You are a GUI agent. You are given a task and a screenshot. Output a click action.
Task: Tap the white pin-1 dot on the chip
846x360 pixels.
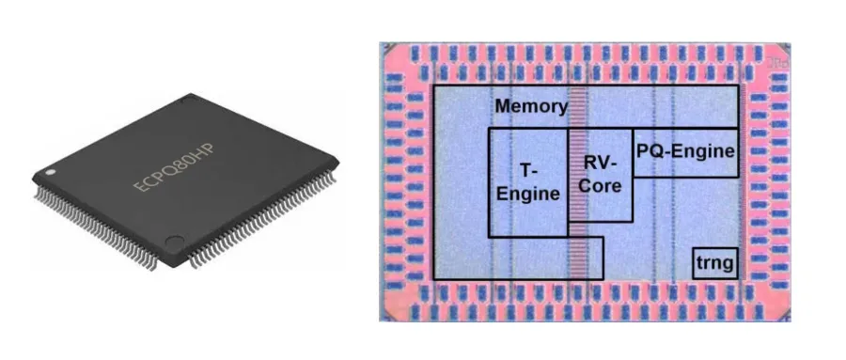point(50,172)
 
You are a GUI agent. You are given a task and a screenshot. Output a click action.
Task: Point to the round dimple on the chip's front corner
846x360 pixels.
point(171,243)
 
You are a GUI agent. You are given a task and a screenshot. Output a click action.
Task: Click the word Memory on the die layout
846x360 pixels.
point(531,106)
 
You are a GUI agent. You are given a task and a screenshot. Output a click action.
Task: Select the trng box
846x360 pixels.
point(714,264)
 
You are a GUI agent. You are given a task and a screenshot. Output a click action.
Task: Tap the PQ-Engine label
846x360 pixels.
point(684,149)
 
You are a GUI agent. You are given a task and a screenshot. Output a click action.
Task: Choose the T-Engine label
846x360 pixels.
point(527,183)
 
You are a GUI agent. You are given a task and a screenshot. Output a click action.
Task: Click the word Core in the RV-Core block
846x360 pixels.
point(600,185)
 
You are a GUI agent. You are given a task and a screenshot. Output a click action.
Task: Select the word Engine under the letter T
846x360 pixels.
point(527,195)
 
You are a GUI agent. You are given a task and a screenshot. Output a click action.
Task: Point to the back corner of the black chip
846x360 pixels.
point(192,96)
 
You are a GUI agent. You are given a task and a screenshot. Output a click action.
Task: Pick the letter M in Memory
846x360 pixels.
point(503,106)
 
